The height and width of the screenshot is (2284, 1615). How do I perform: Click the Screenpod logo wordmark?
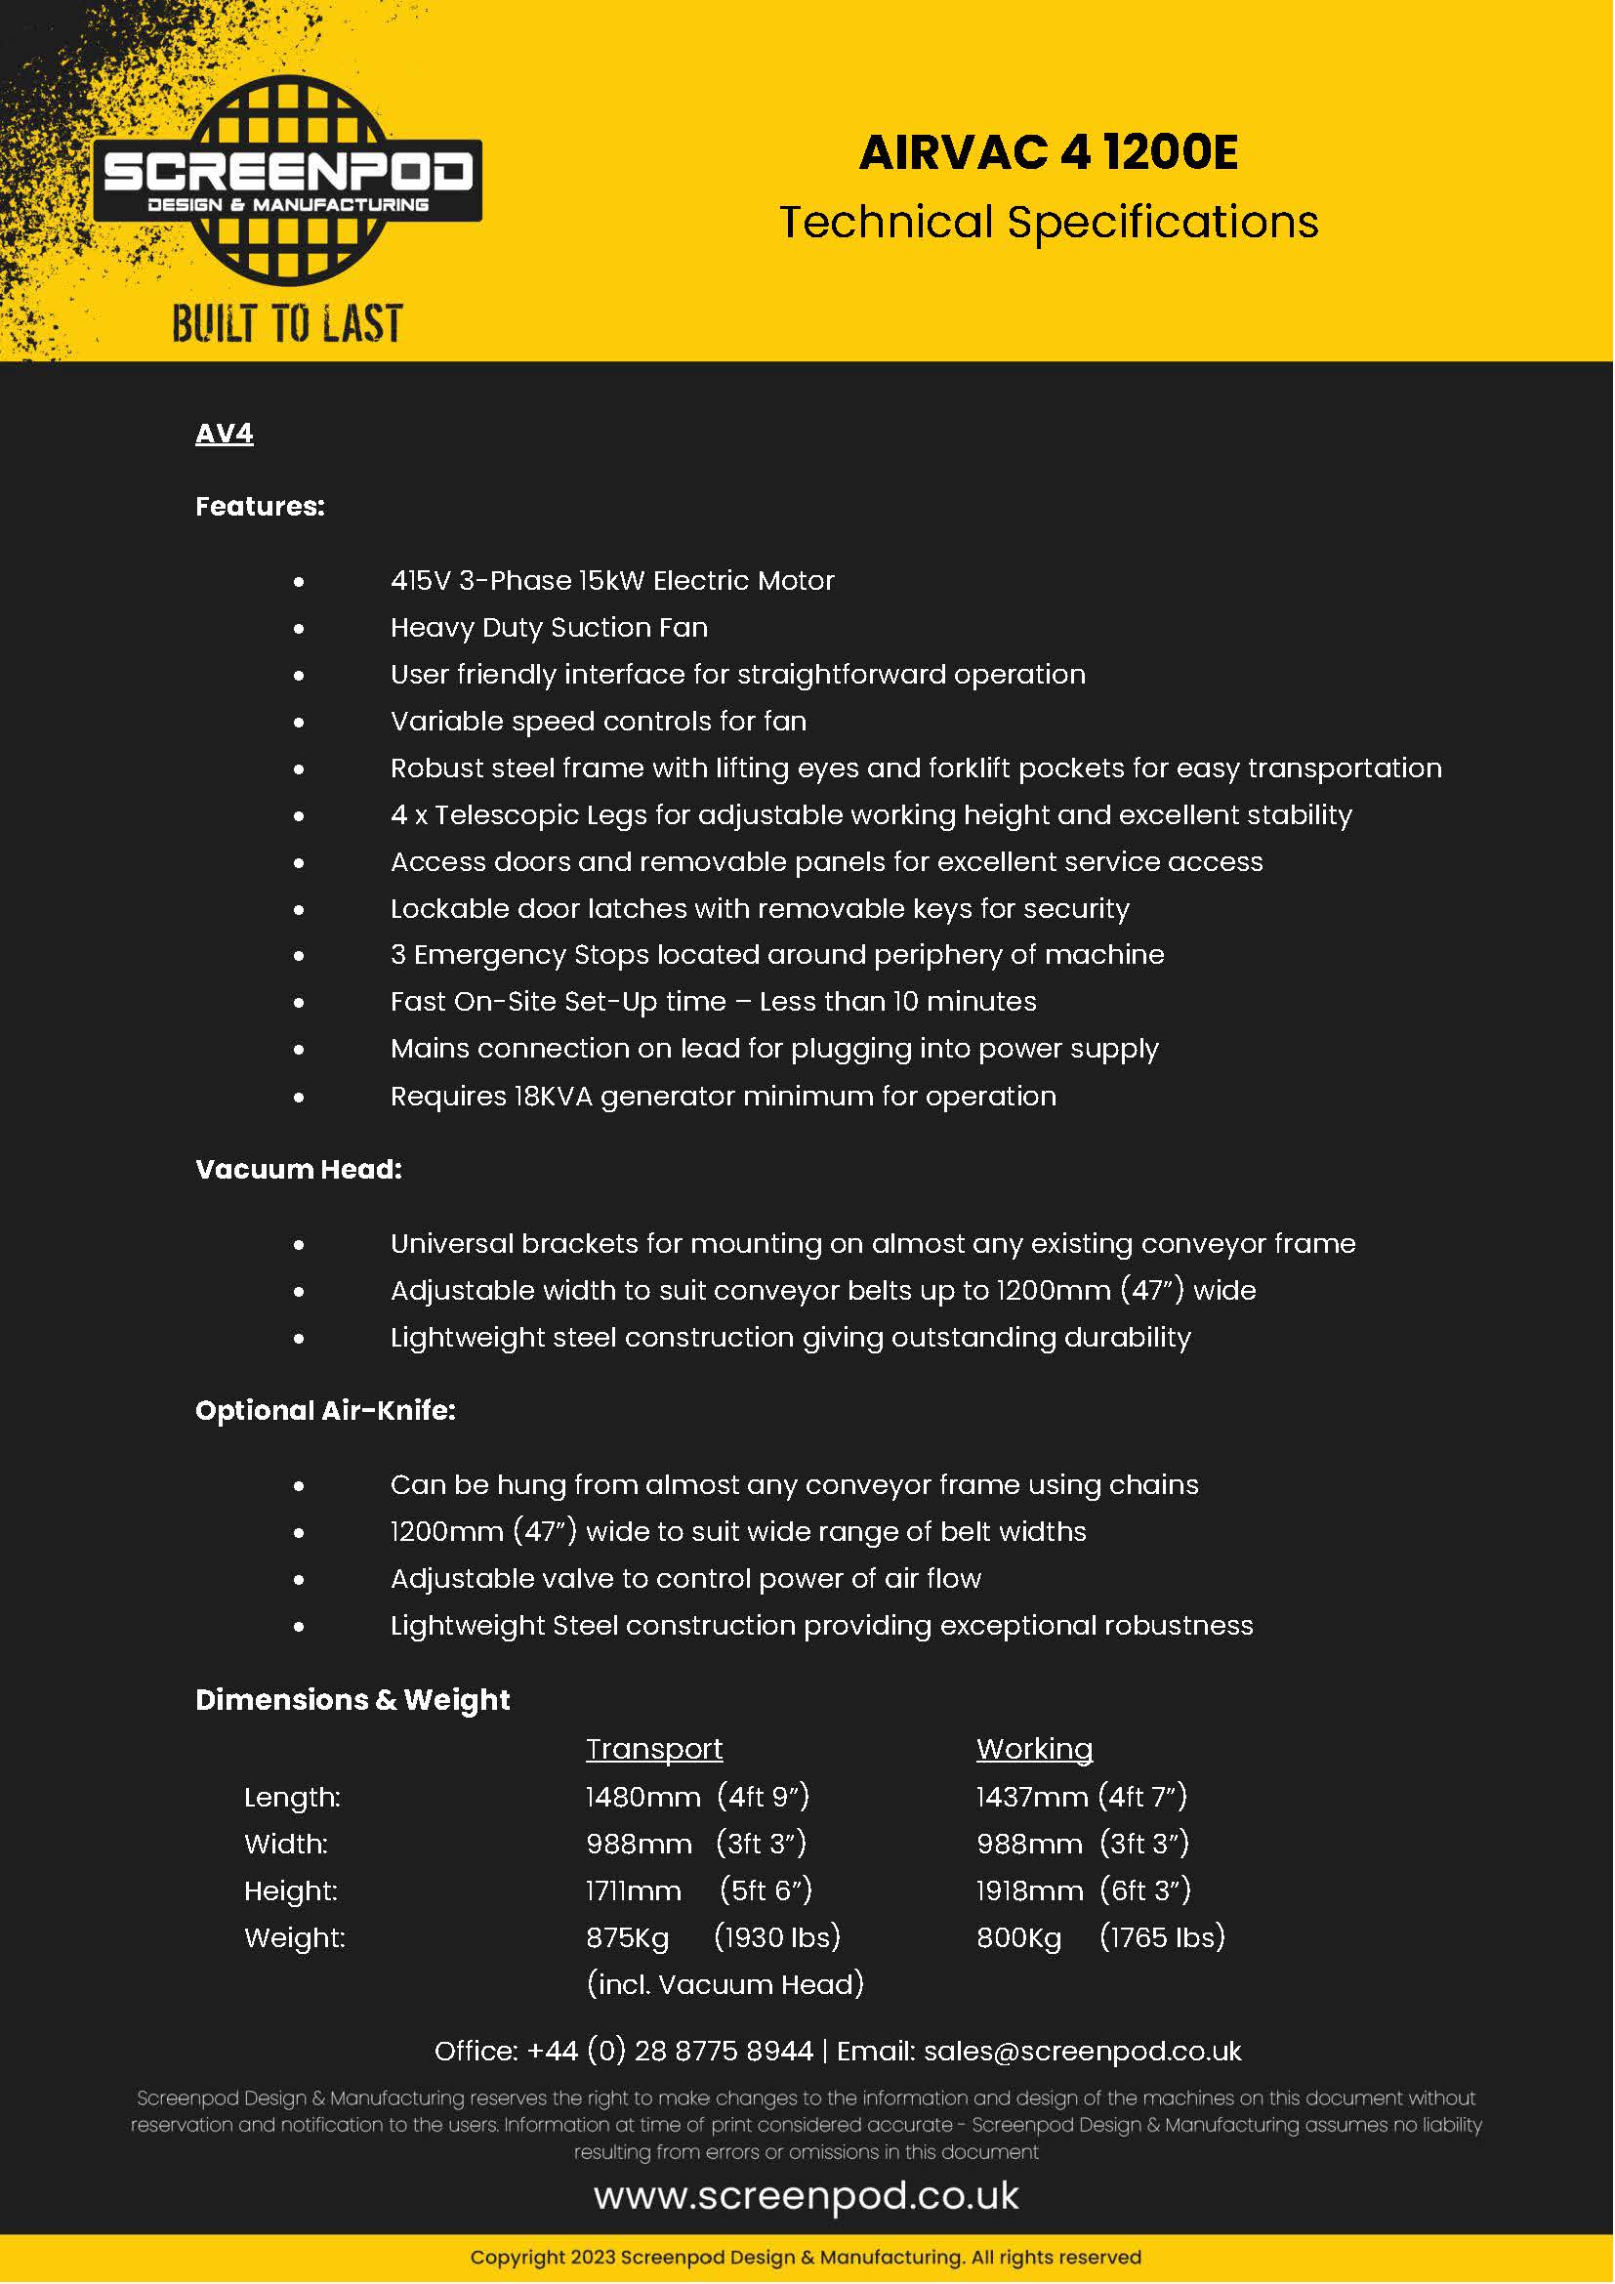point(287,171)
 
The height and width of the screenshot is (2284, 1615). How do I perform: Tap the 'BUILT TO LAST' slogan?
point(287,324)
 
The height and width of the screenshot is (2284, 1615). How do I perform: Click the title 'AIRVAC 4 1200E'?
point(1048,153)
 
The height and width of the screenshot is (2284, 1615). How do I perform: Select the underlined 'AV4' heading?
point(224,434)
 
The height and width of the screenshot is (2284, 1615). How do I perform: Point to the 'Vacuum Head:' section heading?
point(299,1169)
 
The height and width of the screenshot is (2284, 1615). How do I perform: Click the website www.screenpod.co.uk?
point(807,2196)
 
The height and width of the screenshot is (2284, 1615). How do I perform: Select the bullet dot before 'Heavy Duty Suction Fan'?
point(299,629)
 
